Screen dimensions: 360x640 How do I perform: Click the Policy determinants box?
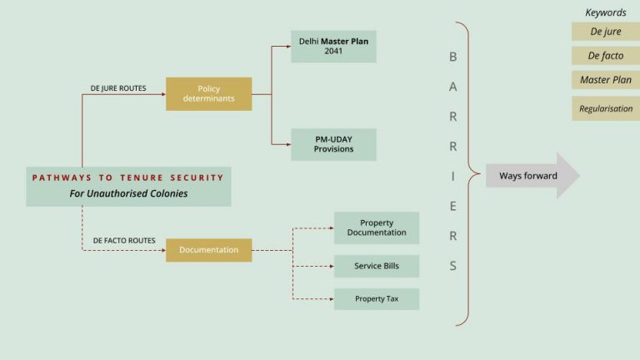click(x=208, y=93)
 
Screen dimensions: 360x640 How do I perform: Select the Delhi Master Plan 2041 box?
click(x=333, y=46)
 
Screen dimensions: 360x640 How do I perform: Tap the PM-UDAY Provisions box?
click(x=333, y=144)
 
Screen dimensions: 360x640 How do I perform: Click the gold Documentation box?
click(x=208, y=249)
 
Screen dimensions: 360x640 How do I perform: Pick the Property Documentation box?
click(x=377, y=227)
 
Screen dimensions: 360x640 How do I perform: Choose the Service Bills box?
click(x=377, y=266)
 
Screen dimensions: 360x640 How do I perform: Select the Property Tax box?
click(x=377, y=298)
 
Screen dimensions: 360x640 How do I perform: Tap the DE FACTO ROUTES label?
click(x=124, y=240)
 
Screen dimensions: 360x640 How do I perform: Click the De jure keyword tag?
click(x=606, y=32)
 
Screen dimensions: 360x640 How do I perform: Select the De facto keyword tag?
click(x=606, y=56)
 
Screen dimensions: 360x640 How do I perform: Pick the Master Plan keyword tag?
click(x=606, y=80)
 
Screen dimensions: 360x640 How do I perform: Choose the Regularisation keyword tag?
click(x=606, y=108)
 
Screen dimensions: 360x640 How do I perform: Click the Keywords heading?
click(x=606, y=12)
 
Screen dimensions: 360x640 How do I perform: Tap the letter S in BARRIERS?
click(x=453, y=267)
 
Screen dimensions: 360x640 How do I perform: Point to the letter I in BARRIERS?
click(x=453, y=176)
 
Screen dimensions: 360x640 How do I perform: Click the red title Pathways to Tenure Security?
click(x=128, y=177)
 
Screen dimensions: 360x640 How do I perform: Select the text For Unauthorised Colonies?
click(x=128, y=194)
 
